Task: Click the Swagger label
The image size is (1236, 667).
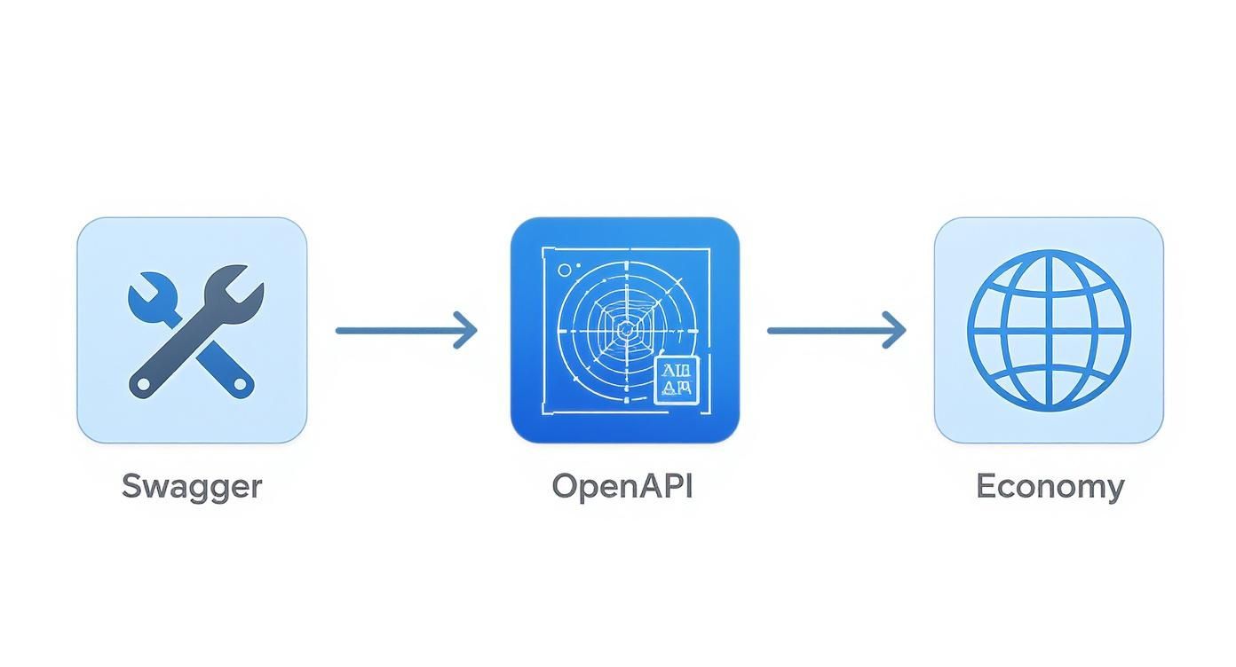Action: (x=192, y=486)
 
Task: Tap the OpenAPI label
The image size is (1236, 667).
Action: (x=622, y=486)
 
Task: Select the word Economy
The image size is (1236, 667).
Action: (x=1050, y=487)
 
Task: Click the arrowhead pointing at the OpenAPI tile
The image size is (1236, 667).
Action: (x=467, y=330)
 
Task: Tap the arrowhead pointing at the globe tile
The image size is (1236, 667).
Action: (x=896, y=330)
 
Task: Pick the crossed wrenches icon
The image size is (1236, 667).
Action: (x=192, y=330)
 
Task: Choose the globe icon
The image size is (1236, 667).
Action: (x=1049, y=330)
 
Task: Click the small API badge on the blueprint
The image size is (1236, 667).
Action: (x=677, y=381)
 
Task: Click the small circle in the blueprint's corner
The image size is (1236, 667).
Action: (x=564, y=269)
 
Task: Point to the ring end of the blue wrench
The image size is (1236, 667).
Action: (x=240, y=384)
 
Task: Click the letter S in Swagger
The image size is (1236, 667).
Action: (x=132, y=486)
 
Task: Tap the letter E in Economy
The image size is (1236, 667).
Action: (x=985, y=486)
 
